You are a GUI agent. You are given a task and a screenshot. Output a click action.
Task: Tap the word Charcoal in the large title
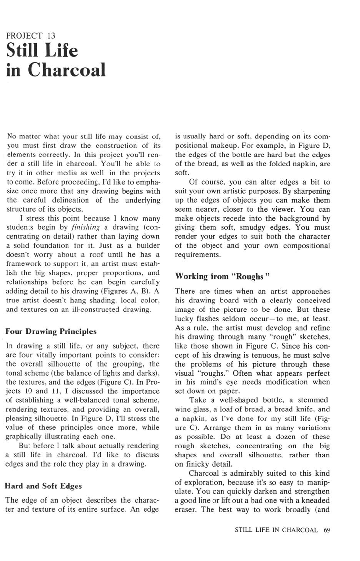(x=68, y=70)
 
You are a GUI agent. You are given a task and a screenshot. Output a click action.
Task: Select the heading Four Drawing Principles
(x=51, y=332)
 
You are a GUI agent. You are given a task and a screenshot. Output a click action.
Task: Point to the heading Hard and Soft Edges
(x=43, y=486)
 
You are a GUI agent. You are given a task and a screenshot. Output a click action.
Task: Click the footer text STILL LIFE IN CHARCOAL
(x=276, y=530)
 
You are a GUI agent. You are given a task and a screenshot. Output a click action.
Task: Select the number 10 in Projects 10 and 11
(x=34, y=391)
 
